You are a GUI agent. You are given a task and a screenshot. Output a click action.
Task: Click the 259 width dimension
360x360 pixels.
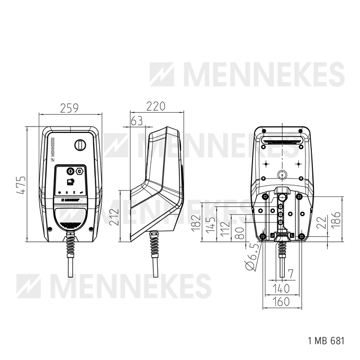coord(69,109)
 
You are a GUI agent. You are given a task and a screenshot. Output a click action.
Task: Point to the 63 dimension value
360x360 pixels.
coord(137,121)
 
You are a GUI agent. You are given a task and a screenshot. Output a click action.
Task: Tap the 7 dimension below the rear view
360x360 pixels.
coord(290,274)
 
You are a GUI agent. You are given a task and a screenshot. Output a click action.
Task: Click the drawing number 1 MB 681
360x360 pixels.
coord(326,341)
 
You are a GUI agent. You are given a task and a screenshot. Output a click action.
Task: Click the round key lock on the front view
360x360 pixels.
coord(80,144)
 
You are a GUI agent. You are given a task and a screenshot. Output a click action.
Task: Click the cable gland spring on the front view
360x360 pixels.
coord(70,245)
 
